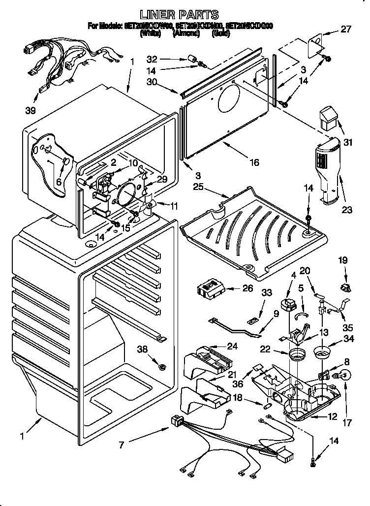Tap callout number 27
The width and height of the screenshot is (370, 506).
[346, 29]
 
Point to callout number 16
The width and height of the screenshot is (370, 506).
[253, 162]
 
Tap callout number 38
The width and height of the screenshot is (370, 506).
[142, 349]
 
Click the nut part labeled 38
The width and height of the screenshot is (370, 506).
[161, 366]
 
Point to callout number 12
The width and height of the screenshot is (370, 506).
[332, 417]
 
